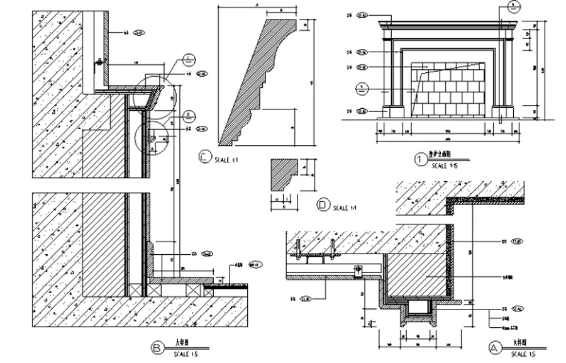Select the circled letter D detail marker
323,205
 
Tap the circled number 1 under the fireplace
420,159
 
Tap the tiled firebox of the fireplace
447,91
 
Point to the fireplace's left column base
393,111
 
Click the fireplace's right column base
501,111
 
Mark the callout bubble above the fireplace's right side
513,8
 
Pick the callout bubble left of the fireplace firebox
362,87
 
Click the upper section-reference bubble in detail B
188,60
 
